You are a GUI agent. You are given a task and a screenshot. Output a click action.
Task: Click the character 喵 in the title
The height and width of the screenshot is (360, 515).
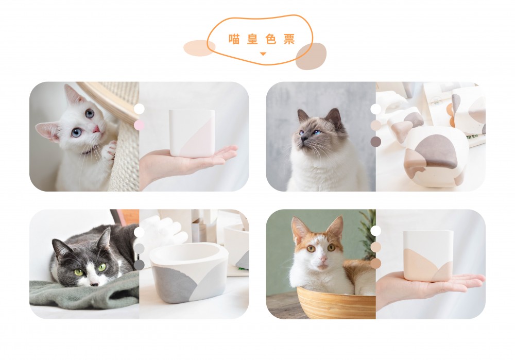[x=234, y=39]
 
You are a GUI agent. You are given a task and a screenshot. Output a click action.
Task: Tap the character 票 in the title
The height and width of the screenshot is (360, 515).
[x=289, y=39]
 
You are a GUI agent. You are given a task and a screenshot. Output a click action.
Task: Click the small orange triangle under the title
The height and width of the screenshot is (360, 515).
[x=263, y=54]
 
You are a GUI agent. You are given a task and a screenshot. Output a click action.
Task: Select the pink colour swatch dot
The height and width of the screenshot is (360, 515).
[x=139, y=125]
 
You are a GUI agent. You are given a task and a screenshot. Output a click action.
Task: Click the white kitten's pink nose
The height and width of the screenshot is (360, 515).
[x=97, y=129]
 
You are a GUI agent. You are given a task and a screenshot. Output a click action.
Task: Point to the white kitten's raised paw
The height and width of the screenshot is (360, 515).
[x=110, y=151]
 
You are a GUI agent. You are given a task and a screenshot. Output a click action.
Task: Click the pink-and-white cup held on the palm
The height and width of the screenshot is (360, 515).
[x=192, y=133]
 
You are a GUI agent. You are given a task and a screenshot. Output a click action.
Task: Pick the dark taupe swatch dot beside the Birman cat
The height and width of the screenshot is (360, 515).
[x=376, y=142]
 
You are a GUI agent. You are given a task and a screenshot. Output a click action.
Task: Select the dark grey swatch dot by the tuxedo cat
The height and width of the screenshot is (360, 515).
[x=139, y=265]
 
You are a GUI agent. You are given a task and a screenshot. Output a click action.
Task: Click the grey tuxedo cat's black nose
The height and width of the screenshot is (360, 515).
[x=94, y=284]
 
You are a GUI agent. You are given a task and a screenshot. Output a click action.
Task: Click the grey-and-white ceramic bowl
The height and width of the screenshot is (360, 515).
[x=189, y=272]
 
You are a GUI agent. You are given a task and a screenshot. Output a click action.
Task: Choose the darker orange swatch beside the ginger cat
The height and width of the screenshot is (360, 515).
[x=376, y=263]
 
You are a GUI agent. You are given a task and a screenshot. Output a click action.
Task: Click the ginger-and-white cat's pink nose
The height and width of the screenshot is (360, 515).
[x=323, y=260]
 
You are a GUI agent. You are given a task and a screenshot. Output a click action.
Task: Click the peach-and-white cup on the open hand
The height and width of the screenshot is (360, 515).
[x=428, y=256]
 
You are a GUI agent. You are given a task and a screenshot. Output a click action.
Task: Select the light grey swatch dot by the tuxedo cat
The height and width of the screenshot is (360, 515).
[x=139, y=248]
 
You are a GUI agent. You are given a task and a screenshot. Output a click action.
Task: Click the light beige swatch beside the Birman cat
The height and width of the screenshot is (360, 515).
[x=376, y=125]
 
